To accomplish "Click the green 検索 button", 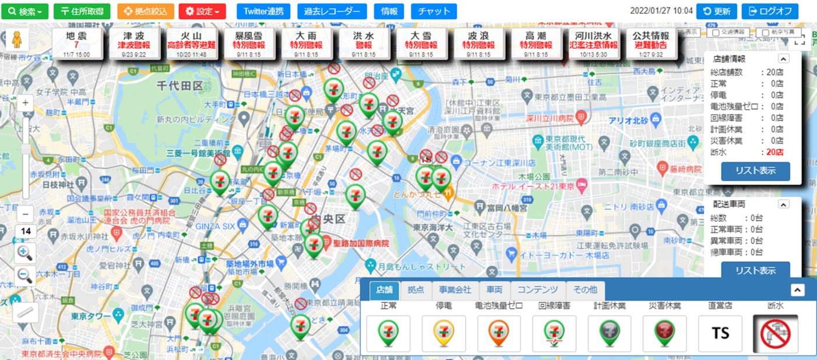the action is point(24,11).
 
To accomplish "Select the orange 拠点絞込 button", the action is point(145,11).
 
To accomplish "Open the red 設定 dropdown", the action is point(202,11).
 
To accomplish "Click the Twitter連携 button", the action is point(263,11).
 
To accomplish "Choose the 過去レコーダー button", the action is point(332,11).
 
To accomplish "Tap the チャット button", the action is point(434,11).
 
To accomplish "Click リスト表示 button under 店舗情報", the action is point(755,171).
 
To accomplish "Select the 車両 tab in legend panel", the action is point(494,290).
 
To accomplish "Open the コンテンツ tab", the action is point(538,290).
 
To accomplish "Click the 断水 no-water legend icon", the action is point(775,334).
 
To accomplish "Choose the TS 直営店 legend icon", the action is point(720,334).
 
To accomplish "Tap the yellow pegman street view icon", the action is point(17,40).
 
